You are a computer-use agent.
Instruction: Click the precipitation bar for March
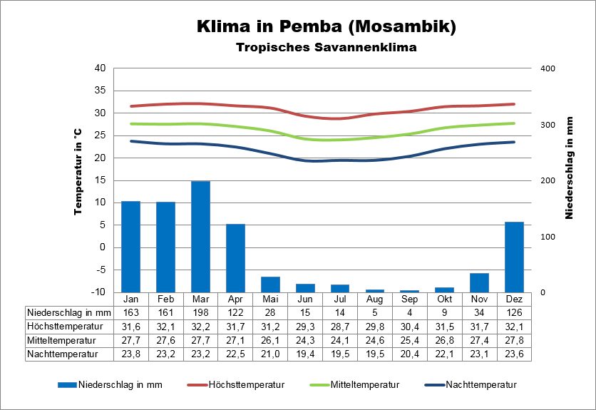click(x=200, y=237)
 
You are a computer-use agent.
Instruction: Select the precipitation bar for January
click(x=130, y=247)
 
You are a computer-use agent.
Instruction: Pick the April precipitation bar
click(x=235, y=258)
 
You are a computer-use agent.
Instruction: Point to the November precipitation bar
click(x=479, y=282)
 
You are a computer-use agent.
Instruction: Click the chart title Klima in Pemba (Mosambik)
click(x=326, y=27)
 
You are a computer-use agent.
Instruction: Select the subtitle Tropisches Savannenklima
click(x=326, y=48)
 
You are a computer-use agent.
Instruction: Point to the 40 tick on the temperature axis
click(x=100, y=68)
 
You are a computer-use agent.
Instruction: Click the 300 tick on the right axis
click(x=548, y=125)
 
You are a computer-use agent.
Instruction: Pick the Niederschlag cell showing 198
click(x=200, y=312)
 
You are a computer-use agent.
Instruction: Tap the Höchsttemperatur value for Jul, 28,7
click(x=340, y=326)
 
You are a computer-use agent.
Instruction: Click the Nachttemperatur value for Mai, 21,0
click(x=270, y=353)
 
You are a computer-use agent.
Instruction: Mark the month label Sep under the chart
click(x=410, y=299)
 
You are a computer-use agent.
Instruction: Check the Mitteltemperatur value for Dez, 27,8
click(x=514, y=339)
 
